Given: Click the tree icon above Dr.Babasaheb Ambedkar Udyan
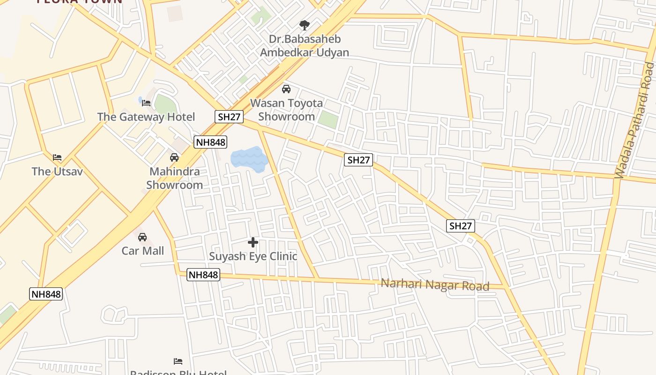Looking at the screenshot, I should coord(305,25).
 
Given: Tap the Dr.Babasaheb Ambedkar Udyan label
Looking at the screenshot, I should coord(305,45).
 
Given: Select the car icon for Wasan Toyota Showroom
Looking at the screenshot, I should coord(286,89).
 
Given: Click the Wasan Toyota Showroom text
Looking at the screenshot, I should coord(286,110).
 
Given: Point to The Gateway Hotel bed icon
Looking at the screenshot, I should coord(146,103).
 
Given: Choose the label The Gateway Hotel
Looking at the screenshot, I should coord(146,117).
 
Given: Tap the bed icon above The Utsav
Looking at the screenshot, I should coord(57,157).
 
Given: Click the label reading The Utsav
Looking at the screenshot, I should coord(57,171).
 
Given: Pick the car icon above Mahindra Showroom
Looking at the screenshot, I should coord(174,157).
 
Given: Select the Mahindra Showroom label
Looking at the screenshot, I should coord(174,178).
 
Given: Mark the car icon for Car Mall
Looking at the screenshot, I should coord(142,237).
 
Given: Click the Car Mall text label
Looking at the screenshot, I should coord(143,251).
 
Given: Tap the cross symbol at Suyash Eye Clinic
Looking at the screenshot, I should coord(253,242).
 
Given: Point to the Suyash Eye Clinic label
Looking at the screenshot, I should coord(253,256).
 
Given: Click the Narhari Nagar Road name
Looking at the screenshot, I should coord(435,285).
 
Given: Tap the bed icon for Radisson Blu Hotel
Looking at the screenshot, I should coord(178,361).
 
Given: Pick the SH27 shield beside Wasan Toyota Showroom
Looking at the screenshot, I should coord(229,117).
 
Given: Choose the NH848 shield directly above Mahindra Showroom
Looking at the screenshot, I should coord(210,142).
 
